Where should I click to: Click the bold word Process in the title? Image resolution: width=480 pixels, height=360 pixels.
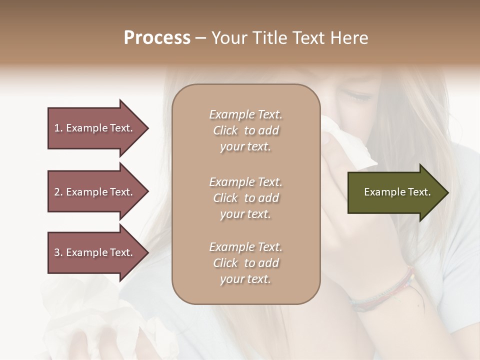click(x=157, y=38)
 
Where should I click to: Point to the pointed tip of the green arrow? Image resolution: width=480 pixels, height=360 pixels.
click(x=447, y=192)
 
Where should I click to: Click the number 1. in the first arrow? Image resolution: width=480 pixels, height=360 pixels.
click(x=58, y=128)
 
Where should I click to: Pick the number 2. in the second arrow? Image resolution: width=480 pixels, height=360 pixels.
click(x=58, y=192)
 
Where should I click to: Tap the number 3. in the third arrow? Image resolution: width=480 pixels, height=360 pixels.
click(x=58, y=252)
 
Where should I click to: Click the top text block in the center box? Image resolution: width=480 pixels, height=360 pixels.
click(x=245, y=130)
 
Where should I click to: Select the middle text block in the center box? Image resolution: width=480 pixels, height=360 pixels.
click(x=245, y=198)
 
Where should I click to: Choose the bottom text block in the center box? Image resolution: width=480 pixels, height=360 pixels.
click(x=245, y=263)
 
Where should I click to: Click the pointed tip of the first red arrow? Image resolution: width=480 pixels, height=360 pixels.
click(x=147, y=128)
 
